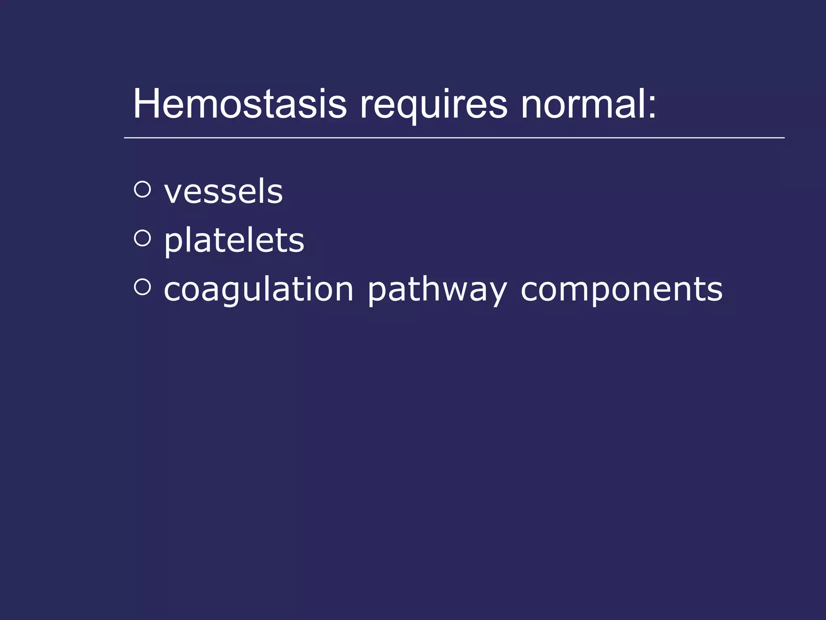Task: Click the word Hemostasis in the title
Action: click(x=240, y=104)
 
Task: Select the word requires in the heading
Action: click(x=433, y=106)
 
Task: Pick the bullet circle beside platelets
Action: click(x=142, y=238)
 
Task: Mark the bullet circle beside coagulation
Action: click(x=142, y=287)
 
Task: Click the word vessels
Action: click(x=223, y=192)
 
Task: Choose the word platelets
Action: click(x=234, y=241)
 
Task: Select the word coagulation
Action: click(x=259, y=290)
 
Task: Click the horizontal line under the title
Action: click(x=454, y=138)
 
